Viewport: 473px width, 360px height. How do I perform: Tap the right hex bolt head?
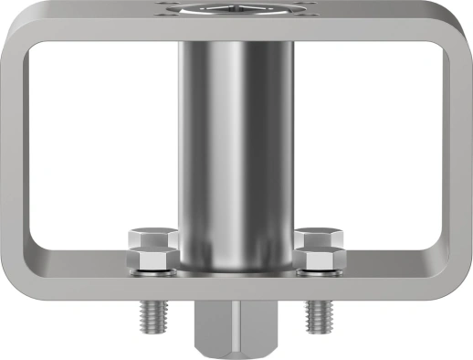(321, 242)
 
